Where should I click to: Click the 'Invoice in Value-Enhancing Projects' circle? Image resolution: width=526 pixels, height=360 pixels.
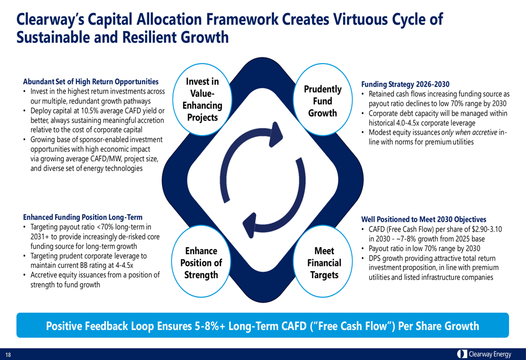[203, 99]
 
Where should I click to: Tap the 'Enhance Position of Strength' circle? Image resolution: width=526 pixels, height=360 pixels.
[201, 263]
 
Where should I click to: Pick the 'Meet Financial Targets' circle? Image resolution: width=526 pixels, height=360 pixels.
[324, 263]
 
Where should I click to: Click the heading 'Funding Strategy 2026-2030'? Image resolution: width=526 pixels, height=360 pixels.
[405, 84]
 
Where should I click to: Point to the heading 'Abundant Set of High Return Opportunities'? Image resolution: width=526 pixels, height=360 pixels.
[90, 81]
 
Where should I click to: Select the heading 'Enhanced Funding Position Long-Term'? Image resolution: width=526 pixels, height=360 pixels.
[83, 217]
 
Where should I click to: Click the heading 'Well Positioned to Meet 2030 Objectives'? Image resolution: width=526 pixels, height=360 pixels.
[423, 219]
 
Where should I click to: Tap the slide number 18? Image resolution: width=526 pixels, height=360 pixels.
[8, 355]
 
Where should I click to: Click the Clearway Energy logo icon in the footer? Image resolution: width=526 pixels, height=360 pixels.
[462, 354]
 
